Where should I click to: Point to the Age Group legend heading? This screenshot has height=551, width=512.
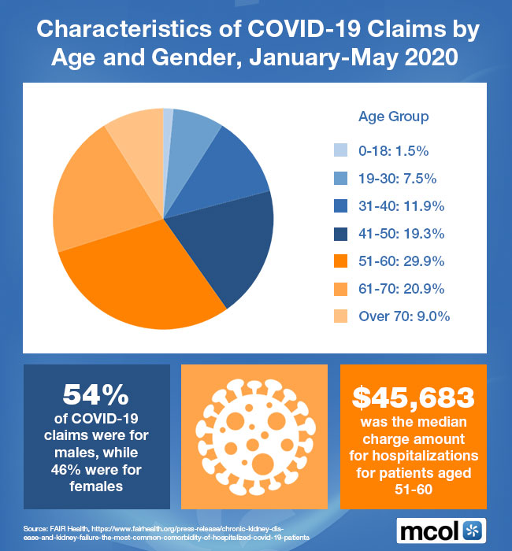(x=394, y=116)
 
